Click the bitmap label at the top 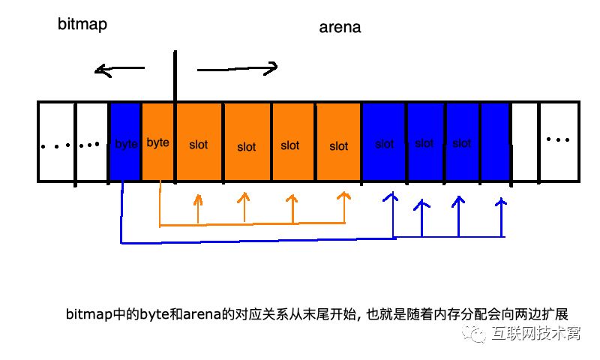[82, 24]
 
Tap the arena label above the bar [340, 28]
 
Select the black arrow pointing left [119, 70]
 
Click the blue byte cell [125, 142]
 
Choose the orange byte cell [158, 142]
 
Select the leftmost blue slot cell [384, 142]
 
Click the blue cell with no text [495, 142]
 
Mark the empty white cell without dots [524, 142]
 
